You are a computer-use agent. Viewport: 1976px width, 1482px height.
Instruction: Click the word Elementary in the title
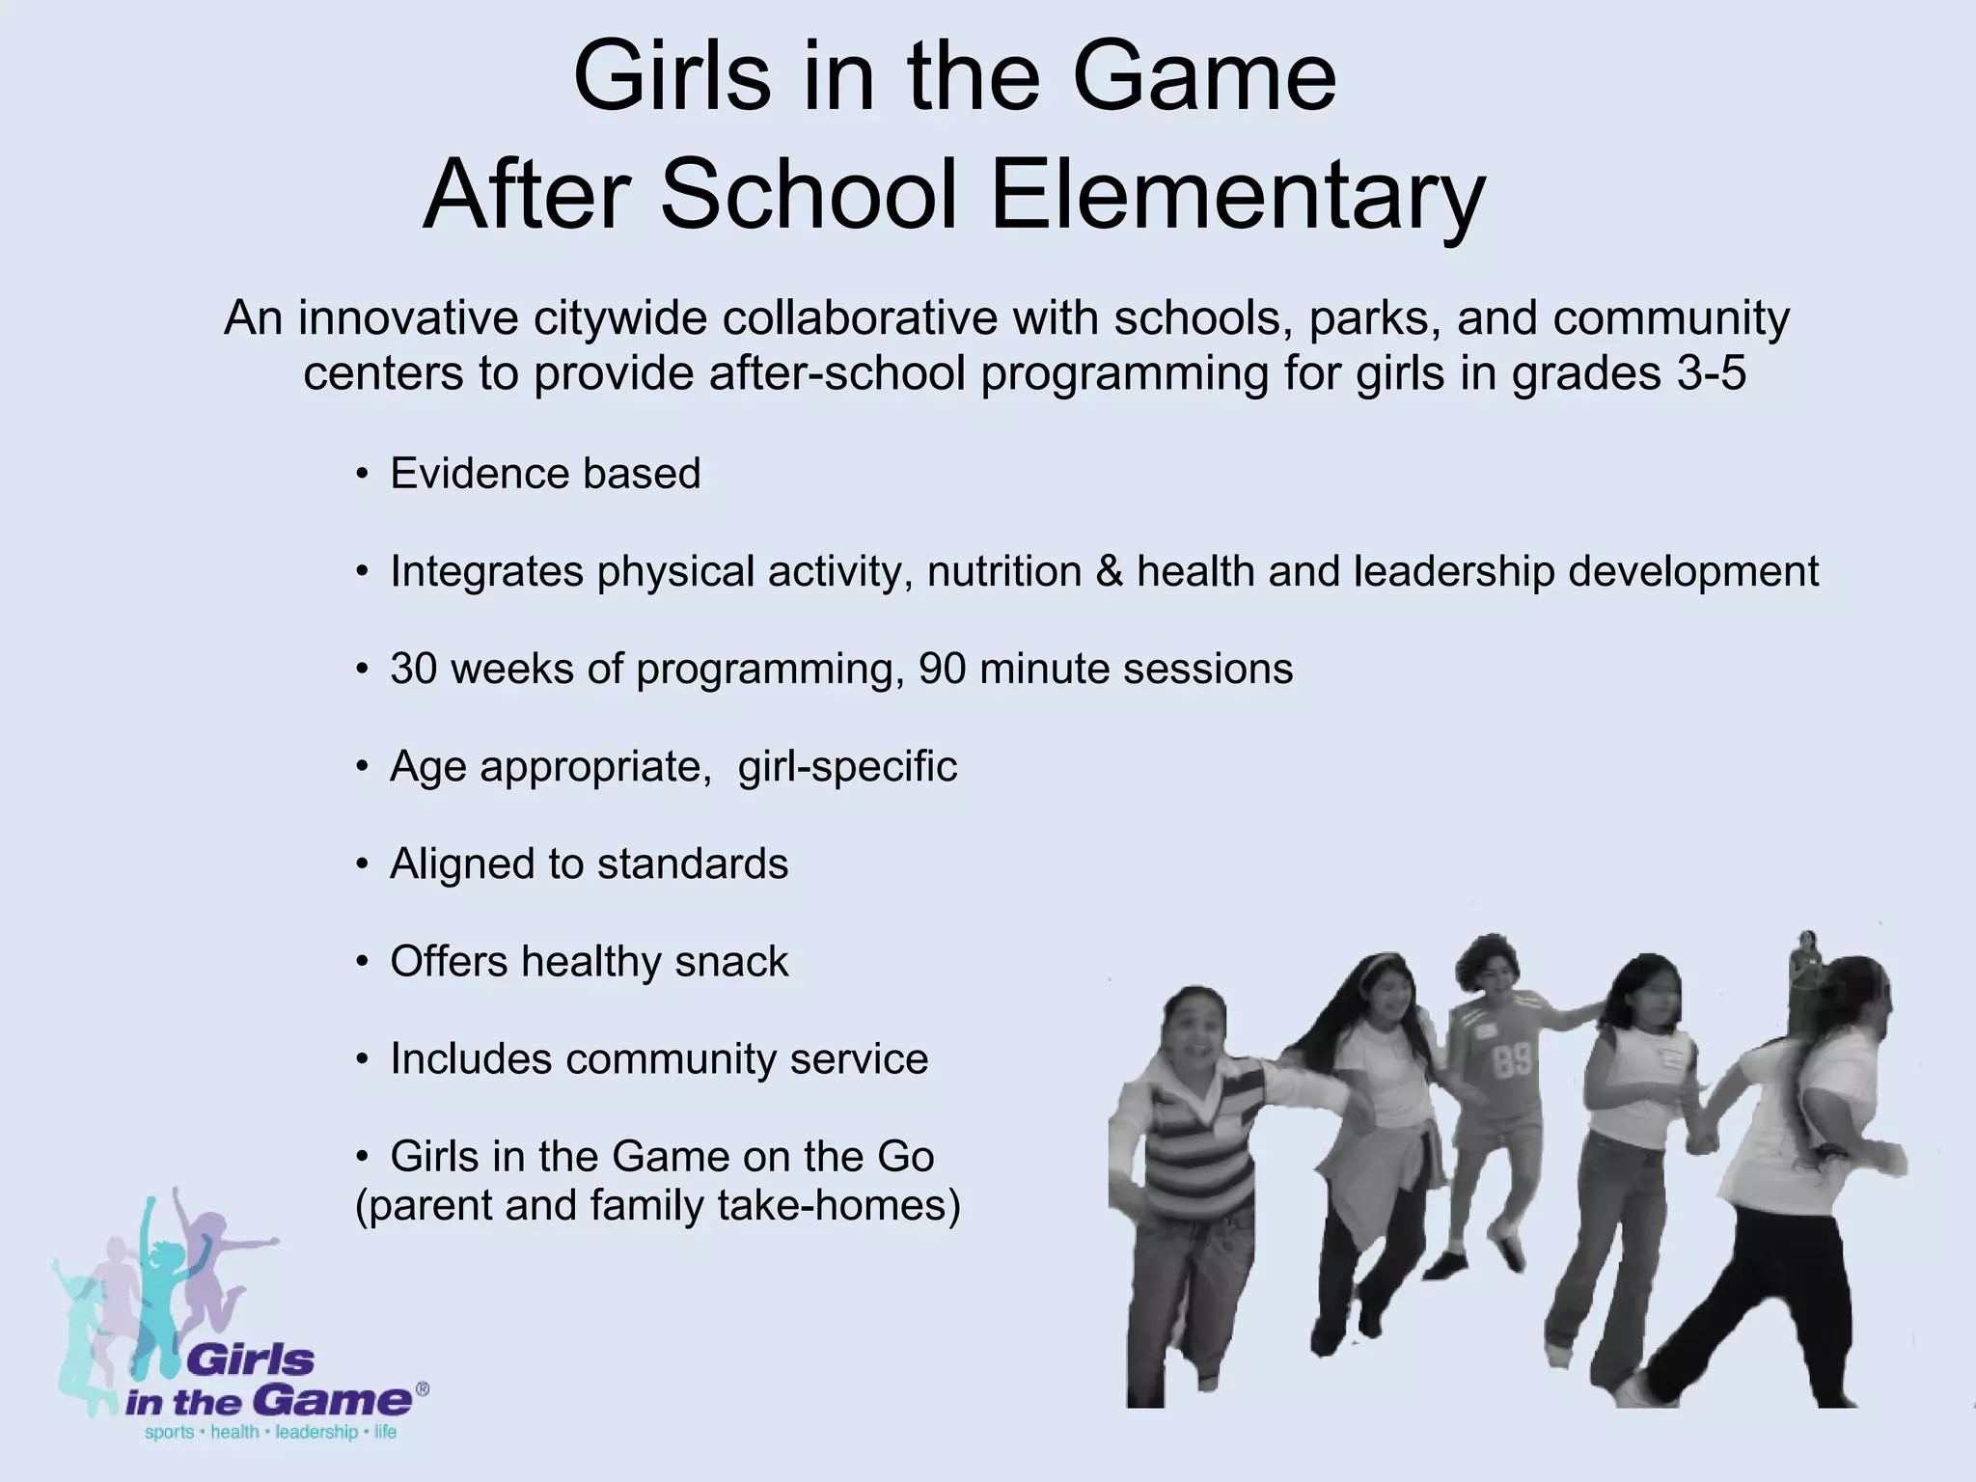1237,196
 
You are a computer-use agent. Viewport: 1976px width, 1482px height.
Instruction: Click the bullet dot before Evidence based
362,475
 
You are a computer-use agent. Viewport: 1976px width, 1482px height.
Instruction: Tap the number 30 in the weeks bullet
414,669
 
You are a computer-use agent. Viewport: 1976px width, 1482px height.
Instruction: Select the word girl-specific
847,767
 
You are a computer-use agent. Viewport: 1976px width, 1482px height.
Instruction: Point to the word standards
692,864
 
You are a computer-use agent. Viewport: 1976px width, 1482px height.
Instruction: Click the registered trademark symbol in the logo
422,1390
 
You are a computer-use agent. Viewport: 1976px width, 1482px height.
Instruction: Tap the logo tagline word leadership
316,1433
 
